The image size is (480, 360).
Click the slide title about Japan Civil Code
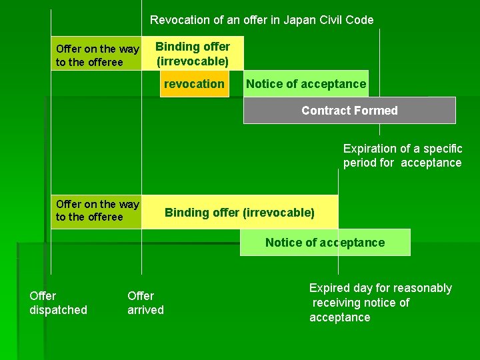point(261,20)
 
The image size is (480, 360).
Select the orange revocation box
point(194,84)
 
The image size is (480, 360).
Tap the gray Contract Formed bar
point(349,111)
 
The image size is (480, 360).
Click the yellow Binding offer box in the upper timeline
point(193,53)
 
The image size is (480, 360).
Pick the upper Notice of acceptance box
point(305,84)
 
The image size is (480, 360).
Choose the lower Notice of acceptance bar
point(325,243)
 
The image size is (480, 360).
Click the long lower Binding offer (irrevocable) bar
point(239,213)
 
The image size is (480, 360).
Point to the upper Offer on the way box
point(97,55)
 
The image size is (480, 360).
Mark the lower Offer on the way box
point(97,211)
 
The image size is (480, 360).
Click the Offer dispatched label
point(58,303)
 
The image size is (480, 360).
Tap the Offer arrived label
point(145,303)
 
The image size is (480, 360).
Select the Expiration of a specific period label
point(402,155)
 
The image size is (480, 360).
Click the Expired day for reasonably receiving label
point(380,303)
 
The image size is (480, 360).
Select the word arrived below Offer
point(145,310)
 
